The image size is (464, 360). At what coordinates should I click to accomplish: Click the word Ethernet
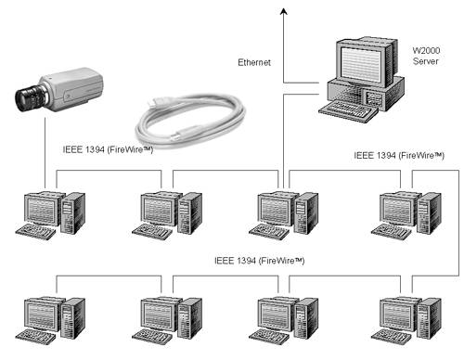coord(254,62)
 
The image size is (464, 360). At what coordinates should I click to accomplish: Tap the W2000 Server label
coord(426,56)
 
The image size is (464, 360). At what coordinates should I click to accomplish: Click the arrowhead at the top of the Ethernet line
coord(284,12)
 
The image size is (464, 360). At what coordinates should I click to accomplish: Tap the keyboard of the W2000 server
coord(348,111)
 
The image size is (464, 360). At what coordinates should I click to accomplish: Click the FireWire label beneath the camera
coord(108,150)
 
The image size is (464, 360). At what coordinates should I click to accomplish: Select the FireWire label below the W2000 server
coord(399,156)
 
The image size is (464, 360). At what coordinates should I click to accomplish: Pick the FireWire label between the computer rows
coord(259,261)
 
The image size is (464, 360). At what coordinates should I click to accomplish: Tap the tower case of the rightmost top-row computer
coord(429,213)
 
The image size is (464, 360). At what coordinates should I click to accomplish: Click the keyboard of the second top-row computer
coord(152,232)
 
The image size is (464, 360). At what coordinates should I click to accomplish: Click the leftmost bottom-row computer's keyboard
coord(36,337)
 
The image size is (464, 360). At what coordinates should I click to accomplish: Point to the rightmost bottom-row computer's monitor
coord(397,315)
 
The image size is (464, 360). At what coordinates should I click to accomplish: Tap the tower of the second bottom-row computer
coord(189,318)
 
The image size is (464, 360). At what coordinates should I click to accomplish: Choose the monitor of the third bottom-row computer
coord(276,315)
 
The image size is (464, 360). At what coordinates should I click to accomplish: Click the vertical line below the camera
coord(45,153)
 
